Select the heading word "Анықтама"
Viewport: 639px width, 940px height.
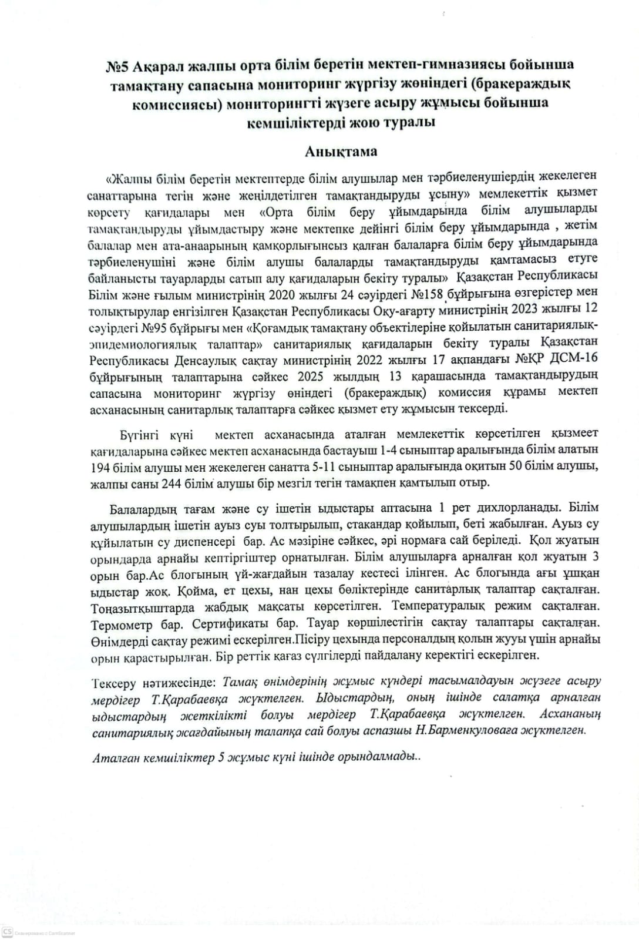[341, 152]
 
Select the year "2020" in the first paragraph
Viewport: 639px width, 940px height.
[284, 294]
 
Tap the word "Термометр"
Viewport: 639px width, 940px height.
[119, 622]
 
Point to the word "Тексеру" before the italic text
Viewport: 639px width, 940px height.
[114, 682]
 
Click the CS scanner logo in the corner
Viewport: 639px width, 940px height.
[7, 932]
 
